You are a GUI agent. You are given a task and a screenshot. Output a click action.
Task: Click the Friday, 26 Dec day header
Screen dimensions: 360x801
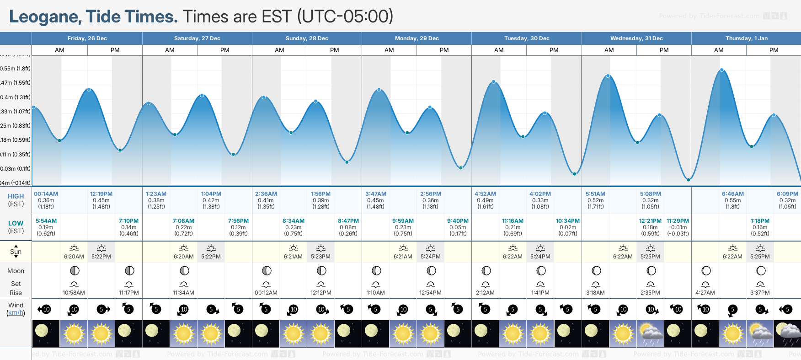pos(87,38)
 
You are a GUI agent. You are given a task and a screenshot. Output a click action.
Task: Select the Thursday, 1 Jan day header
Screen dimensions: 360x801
pos(746,38)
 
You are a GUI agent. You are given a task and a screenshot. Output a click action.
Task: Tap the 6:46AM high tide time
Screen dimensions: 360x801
pos(732,194)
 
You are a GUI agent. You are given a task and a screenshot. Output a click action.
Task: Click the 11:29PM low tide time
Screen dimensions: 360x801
pos(678,221)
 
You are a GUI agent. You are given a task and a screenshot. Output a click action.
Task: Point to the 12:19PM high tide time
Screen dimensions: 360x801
pos(101,194)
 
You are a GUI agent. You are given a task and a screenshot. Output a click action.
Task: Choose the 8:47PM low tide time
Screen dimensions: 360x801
pos(348,221)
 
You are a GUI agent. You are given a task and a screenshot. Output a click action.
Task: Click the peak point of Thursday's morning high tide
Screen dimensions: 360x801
pos(722,70)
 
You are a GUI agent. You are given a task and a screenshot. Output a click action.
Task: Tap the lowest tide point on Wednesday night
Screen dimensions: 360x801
pos(688,180)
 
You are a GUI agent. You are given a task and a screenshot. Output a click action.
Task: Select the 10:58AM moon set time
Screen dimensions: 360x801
pos(74,293)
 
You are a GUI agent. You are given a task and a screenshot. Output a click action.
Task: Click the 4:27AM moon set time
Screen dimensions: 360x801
pos(705,293)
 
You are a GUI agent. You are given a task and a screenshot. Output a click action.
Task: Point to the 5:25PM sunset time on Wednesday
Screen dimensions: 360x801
pos(650,257)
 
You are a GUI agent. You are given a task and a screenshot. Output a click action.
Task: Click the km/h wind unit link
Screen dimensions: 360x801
pos(16,313)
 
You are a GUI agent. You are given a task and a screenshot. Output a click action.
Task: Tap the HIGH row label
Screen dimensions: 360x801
pos(16,196)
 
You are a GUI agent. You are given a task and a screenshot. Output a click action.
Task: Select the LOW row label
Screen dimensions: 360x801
pos(16,223)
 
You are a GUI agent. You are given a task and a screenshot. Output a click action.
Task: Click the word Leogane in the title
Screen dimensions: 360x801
pos(45,17)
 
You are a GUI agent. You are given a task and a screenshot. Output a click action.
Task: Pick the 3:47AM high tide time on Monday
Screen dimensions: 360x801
pos(376,194)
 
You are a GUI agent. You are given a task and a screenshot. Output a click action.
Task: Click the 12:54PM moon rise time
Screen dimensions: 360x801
pos(431,293)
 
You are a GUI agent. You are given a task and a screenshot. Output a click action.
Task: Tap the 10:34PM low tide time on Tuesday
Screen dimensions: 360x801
pos(568,221)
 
